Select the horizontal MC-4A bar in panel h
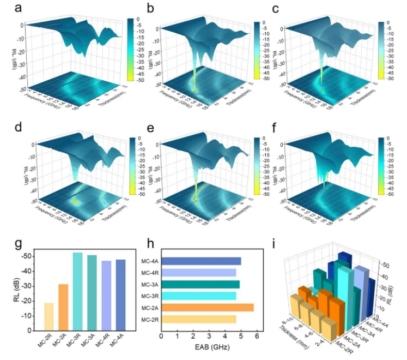pyautogui.click(x=201, y=261)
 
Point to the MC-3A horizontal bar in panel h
pyautogui.click(x=201, y=284)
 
